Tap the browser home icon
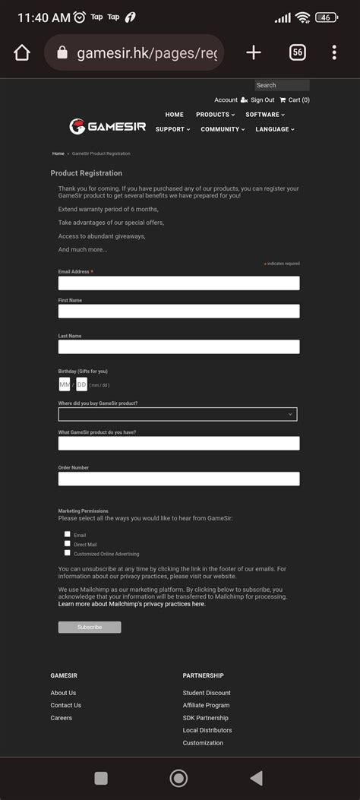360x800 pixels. point(22,52)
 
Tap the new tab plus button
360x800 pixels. point(254,52)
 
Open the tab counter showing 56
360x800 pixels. point(298,52)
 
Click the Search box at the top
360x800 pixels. point(282,85)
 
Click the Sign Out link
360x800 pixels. point(262,100)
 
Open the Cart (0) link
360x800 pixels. point(295,100)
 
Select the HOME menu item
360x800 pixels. point(175,115)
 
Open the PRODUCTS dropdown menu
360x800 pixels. point(215,115)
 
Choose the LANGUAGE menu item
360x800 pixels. point(274,129)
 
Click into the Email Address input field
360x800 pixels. point(178,283)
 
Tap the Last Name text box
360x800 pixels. point(178,346)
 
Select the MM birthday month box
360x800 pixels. point(65,384)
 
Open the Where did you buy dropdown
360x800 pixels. point(178,414)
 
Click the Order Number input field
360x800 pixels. point(178,479)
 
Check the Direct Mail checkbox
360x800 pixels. point(68,544)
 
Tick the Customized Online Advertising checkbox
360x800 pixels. point(68,553)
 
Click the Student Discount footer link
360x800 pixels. point(207,693)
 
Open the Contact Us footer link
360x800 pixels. point(66,705)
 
